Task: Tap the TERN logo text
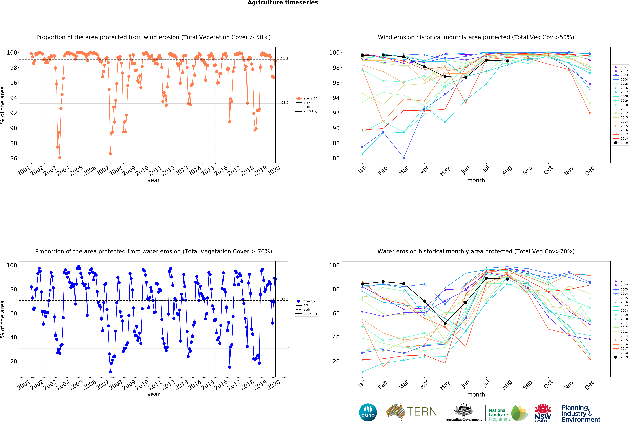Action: click(x=422, y=412)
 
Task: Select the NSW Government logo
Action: click(x=543, y=412)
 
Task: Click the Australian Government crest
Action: click(x=464, y=410)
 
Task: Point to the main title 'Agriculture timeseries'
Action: click(x=283, y=3)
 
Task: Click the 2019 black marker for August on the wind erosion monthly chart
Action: click(x=507, y=61)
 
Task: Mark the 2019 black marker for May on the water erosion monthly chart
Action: click(x=445, y=323)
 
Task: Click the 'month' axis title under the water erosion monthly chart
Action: click(x=476, y=395)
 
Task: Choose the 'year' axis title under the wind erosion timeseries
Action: click(x=153, y=180)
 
